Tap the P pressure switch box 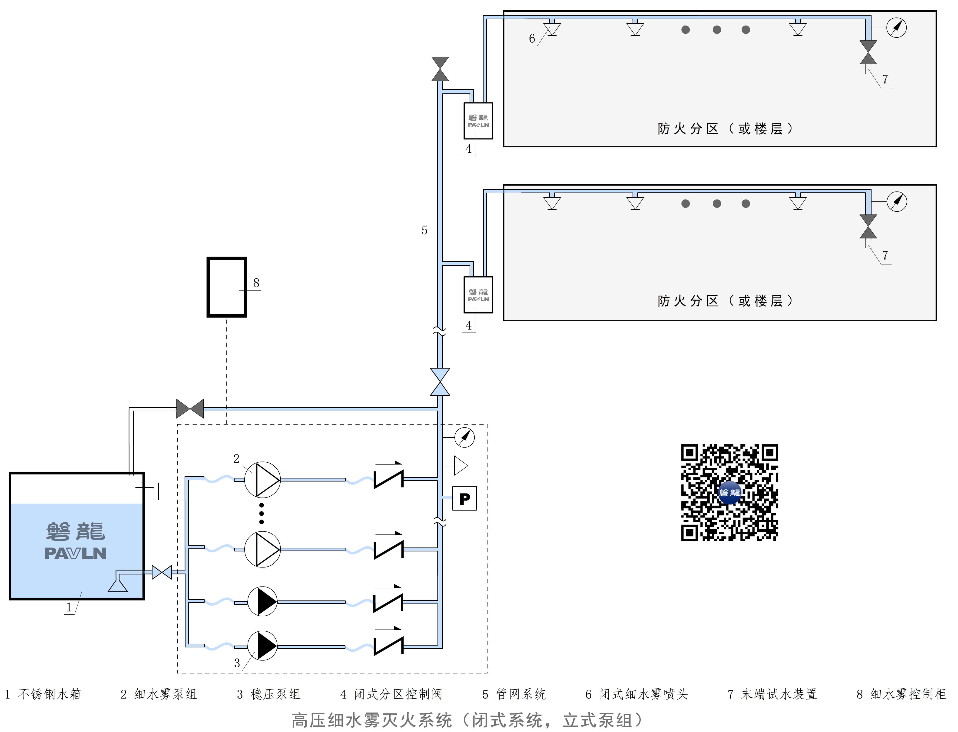pyautogui.click(x=465, y=498)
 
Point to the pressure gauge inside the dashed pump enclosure pyautogui.click(x=465, y=437)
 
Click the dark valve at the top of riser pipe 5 pyautogui.click(x=440, y=69)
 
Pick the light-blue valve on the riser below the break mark pyautogui.click(x=440, y=382)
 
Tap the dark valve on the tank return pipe pyautogui.click(x=190, y=409)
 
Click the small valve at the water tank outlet pyautogui.click(x=162, y=572)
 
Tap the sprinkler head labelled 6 pyautogui.click(x=552, y=29)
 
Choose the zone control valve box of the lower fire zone pyautogui.click(x=478, y=295)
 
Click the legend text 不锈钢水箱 pyautogui.click(x=50, y=694)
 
